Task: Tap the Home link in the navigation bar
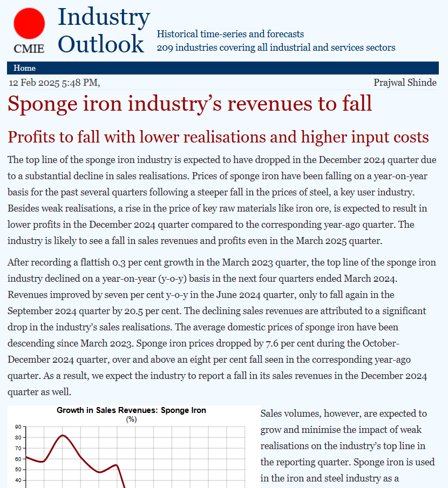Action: coord(25,68)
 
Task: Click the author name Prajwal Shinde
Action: coord(405,83)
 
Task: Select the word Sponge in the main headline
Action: coord(45,104)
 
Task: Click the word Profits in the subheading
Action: coord(32,137)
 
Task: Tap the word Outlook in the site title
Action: coord(101,44)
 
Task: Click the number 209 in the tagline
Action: coord(165,48)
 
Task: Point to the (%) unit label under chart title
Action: coord(131,418)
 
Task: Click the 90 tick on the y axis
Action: coord(18,427)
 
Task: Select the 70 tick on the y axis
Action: coord(18,449)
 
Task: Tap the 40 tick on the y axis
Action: coord(18,480)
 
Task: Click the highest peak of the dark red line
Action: coord(63,435)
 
